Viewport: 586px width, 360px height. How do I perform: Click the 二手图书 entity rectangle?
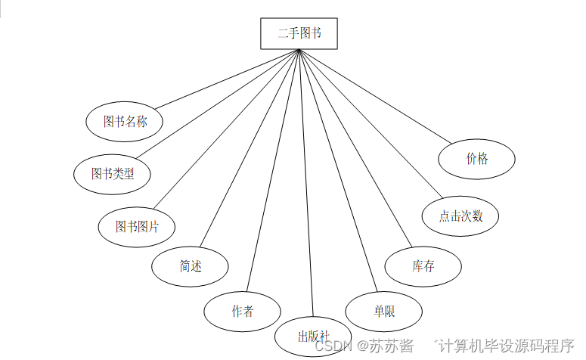tap(299, 33)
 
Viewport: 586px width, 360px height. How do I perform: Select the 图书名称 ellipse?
tap(126, 121)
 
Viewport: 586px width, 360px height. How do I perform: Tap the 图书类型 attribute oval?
tap(112, 174)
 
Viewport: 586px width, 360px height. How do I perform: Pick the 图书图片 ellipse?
tap(137, 226)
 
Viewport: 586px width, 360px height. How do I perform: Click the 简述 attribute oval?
tap(190, 265)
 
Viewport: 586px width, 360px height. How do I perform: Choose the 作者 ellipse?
tap(242, 311)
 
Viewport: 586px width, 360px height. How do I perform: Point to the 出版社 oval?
tap(312, 336)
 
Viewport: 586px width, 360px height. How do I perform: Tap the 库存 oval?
tap(423, 265)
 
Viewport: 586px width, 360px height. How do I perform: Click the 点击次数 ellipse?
tap(460, 216)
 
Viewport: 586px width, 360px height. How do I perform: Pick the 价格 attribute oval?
tap(477, 159)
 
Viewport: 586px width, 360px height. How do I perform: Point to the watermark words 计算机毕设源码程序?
tap(507, 346)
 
